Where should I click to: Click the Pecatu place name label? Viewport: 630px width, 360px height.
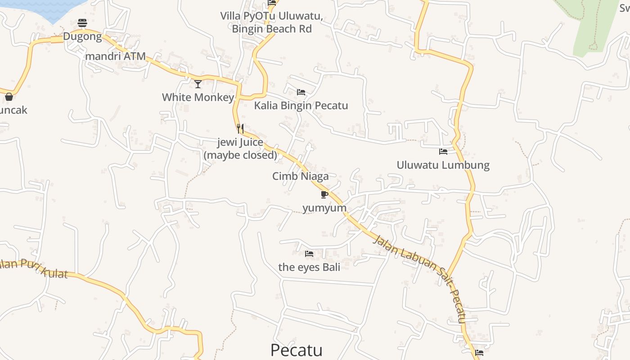(x=297, y=350)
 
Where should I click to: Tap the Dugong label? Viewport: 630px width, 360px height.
(x=82, y=36)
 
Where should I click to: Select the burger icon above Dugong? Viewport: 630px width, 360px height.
(x=82, y=22)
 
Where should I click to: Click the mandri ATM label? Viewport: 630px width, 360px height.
(x=116, y=56)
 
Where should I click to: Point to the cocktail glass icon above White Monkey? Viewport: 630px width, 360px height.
(x=198, y=84)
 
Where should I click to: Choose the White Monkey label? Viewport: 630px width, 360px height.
(x=198, y=97)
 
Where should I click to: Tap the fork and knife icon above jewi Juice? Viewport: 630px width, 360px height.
(x=240, y=129)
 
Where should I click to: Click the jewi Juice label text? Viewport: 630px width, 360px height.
(x=240, y=148)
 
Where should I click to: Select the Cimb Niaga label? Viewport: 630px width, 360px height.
(x=300, y=176)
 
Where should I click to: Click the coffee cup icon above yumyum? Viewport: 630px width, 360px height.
(x=324, y=194)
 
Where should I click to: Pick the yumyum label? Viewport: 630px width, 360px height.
(x=324, y=208)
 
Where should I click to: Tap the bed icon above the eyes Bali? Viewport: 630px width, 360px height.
(x=309, y=254)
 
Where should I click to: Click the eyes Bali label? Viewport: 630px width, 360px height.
(x=309, y=267)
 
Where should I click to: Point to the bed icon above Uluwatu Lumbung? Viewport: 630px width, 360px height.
(x=443, y=152)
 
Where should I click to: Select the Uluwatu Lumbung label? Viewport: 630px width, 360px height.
(x=443, y=165)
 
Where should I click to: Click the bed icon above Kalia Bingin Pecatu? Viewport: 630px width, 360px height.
(x=301, y=92)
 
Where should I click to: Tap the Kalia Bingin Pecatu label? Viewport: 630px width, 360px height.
(x=301, y=106)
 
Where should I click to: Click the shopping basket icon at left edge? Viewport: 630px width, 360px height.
(x=9, y=97)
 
